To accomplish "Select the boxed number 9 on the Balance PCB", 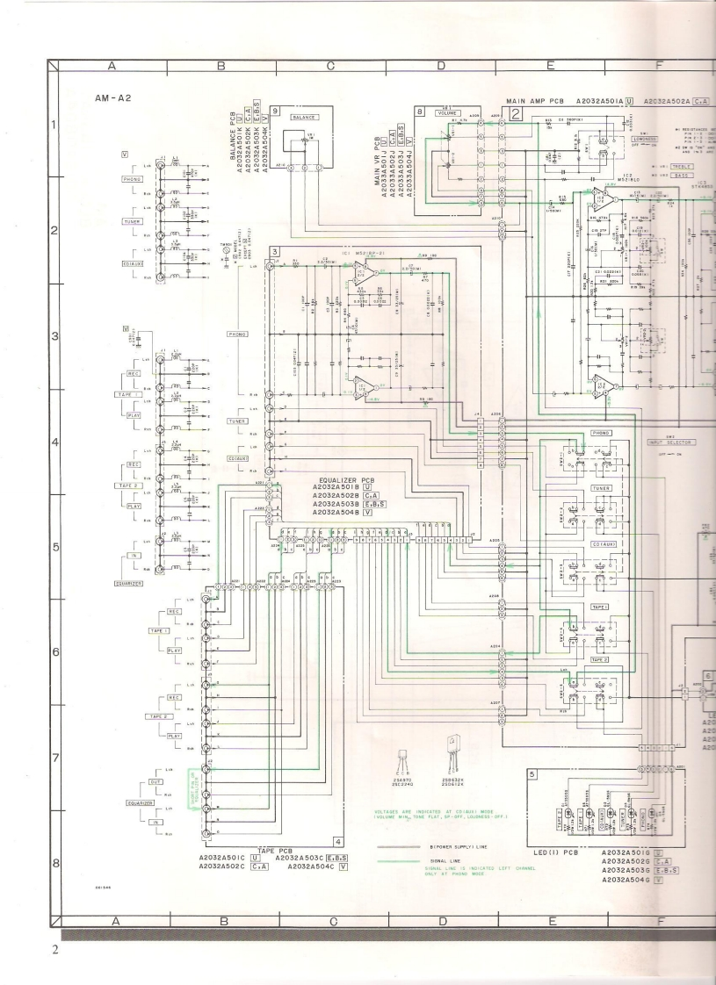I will [275, 111].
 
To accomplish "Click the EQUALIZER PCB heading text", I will [344, 482].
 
